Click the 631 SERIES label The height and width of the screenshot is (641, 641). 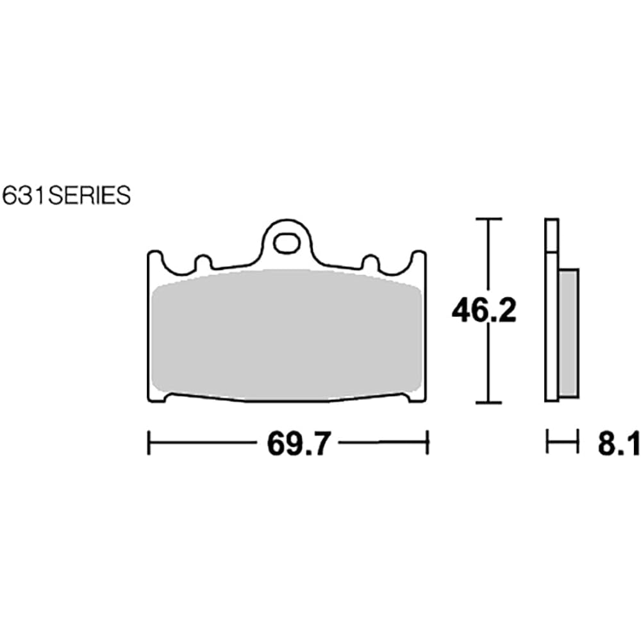pyautogui.click(x=66, y=196)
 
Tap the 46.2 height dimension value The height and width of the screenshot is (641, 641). pyautogui.click(x=484, y=310)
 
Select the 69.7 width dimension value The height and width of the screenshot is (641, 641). pyautogui.click(x=298, y=443)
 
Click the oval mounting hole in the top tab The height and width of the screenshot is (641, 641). pyautogui.click(x=286, y=244)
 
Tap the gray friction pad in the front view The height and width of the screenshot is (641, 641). pyautogui.click(x=286, y=335)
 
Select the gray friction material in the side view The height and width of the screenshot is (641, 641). pyautogui.click(x=569, y=333)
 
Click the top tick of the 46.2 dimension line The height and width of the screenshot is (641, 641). pyautogui.click(x=488, y=219)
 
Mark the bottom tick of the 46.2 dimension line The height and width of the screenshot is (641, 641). pyautogui.click(x=488, y=403)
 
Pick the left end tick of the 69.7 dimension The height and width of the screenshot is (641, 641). pyautogui.click(x=149, y=442)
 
